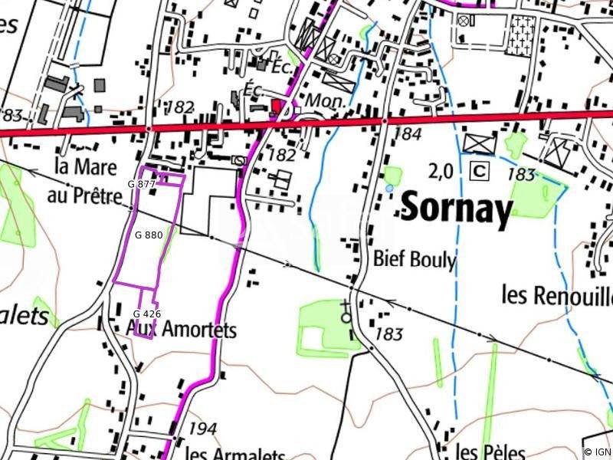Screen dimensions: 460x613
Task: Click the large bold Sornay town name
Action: pyautogui.click(x=456, y=209)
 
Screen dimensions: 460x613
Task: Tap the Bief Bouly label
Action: pyautogui.click(x=415, y=260)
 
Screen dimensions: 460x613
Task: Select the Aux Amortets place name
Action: pyautogui.click(x=181, y=330)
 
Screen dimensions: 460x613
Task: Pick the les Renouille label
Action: pyautogui.click(x=556, y=294)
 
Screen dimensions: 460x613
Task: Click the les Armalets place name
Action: pyautogui.click(x=234, y=452)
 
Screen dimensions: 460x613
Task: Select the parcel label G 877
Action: pyautogui.click(x=141, y=184)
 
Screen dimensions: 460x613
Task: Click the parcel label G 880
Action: pyautogui.click(x=147, y=235)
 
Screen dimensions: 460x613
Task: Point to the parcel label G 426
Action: pyautogui.click(x=146, y=314)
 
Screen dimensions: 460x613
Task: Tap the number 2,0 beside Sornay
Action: pyautogui.click(x=441, y=172)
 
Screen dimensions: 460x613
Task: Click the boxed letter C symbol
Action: pyautogui.click(x=480, y=170)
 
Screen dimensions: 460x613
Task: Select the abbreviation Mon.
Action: pyautogui.click(x=323, y=100)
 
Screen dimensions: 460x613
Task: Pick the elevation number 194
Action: pyautogui.click(x=202, y=429)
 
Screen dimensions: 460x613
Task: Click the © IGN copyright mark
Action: pyautogui.click(x=597, y=452)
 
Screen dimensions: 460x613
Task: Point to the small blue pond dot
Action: pyautogui.click(x=389, y=188)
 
